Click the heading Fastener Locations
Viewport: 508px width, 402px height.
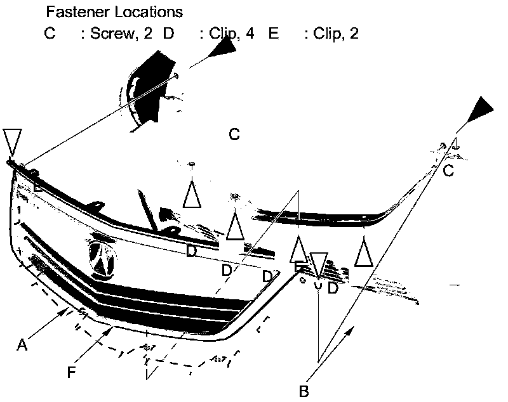(x=114, y=12)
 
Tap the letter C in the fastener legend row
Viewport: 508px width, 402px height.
(x=50, y=34)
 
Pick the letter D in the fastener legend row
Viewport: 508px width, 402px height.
(x=168, y=34)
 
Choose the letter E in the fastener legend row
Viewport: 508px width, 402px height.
(x=274, y=34)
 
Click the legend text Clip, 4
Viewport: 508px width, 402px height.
(x=232, y=34)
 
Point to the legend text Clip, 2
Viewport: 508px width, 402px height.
(x=336, y=34)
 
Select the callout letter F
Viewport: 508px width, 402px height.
(x=72, y=372)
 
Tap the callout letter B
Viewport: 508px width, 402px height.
(x=304, y=391)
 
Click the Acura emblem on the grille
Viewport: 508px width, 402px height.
(x=101, y=259)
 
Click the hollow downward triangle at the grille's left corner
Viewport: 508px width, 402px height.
(x=12, y=141)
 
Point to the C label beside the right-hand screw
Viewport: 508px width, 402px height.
(x=448, y=171)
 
